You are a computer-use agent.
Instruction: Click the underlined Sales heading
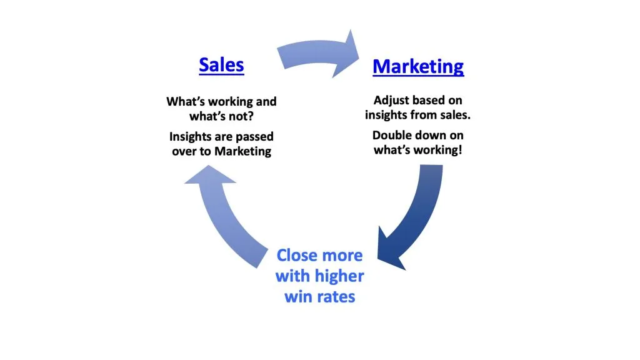tap(221, 65)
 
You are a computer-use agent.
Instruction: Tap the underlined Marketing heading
tap(418, 67)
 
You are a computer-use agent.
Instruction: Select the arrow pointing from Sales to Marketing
tap(319, 57)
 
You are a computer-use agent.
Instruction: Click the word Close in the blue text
tap(297, 255)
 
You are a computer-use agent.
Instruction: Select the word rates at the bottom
tap(335, 296)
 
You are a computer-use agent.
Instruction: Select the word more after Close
tap(342, 255)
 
